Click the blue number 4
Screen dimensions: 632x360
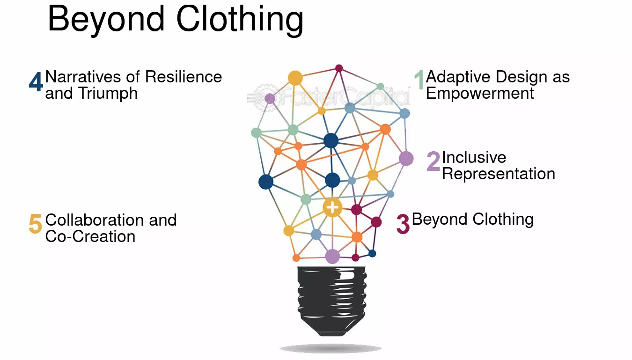pos(36,81)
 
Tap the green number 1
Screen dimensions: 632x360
pos(419,80)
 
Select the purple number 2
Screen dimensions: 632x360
pos(433,162)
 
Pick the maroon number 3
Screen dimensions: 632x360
pos(403,224)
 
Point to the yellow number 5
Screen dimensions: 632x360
pos(35,223)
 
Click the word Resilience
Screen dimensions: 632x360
pos(184,77)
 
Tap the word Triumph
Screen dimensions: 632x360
pos(108,94)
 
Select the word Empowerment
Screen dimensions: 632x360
pos(480,93)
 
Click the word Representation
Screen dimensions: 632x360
pos(499,174)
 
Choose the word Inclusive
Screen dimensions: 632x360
pos(474,157)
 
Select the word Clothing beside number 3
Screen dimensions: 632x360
pos(503,220)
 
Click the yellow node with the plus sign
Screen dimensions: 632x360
pos(332,208)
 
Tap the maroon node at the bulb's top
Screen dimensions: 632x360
pos(339,68)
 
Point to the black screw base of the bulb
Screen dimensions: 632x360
pos(332,301)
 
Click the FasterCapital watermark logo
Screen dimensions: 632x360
pos(329,97)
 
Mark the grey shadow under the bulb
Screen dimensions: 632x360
pos(331,348)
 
